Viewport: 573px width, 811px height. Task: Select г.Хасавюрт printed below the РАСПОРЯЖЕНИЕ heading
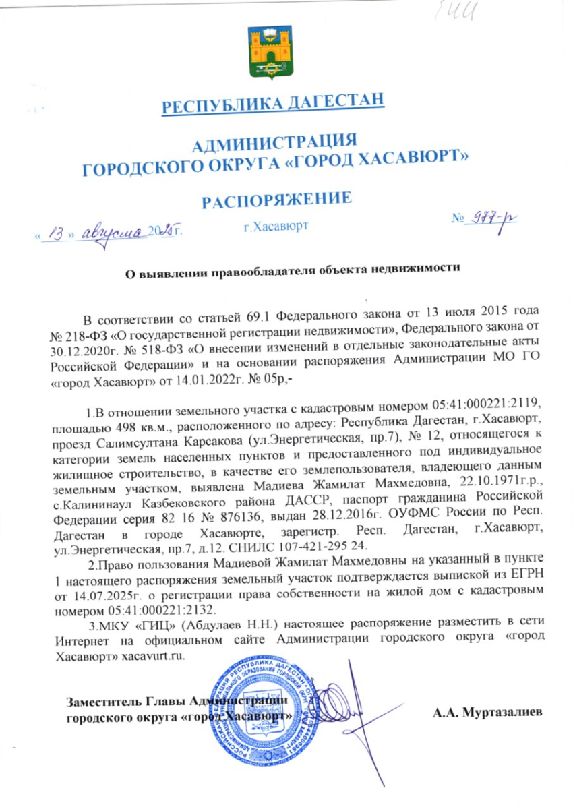276,226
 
